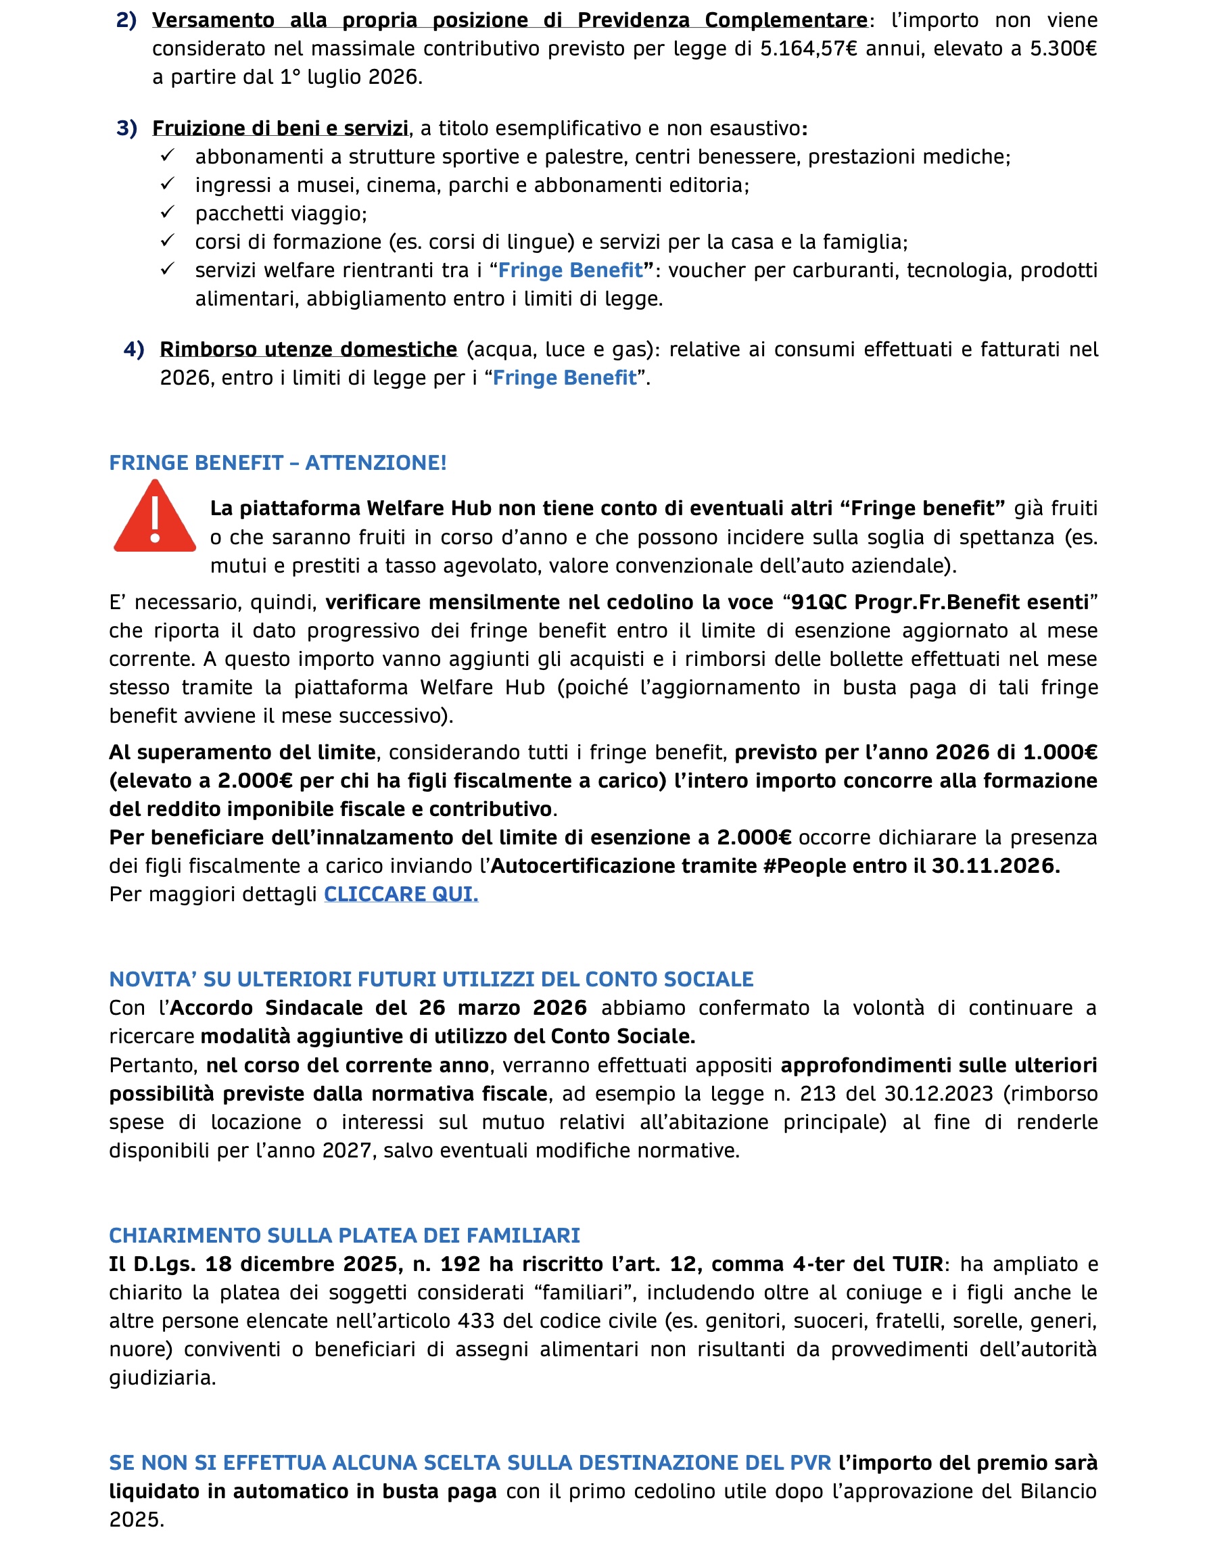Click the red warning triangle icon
click(x=155, y=518)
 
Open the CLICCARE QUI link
click(x=401, y=894)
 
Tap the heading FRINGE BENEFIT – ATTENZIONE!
click(x=278, y=463)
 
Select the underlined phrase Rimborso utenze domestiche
click(x=308, y=350)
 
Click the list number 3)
click(x=126, y=128)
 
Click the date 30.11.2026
click(x=995, y=866)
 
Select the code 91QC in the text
click(x=820, y=602)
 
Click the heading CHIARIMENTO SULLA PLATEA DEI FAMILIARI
click(x=345, y=1235)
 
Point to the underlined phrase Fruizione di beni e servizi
click(x=280, y=128)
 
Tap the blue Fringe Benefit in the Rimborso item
click(x=564, y=378)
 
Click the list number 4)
click(x=134, y=350)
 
